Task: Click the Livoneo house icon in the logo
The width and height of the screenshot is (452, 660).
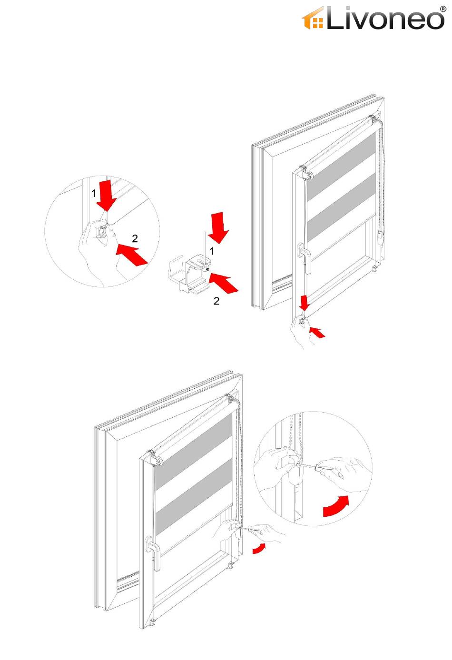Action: (x=313, y=19)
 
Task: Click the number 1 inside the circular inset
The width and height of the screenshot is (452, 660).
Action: (x=94, y=194)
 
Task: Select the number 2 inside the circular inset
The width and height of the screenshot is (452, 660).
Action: (x=135, y=239)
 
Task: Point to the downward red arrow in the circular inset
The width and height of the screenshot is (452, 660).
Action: (x=107, y=195)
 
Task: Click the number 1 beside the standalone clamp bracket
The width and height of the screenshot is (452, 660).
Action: (x=212, y=250)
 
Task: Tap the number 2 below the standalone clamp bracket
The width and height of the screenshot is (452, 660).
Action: (x=216, y=301)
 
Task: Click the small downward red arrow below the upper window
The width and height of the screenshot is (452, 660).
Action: (x=305, y=302)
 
